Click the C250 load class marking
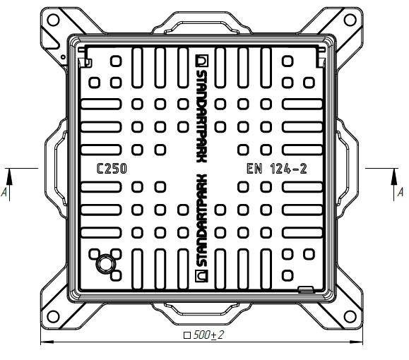pos(112,169)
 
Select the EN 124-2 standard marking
pos(277,169)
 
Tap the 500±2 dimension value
pos(208,335)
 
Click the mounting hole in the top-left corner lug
pos(54,20)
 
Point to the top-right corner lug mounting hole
pos(350,20)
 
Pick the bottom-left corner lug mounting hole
pos(53,316)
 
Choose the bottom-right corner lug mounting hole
pos(350,316)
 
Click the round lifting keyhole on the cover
pos(106,264)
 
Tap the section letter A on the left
pos(4,193)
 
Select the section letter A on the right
pos(400,193)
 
